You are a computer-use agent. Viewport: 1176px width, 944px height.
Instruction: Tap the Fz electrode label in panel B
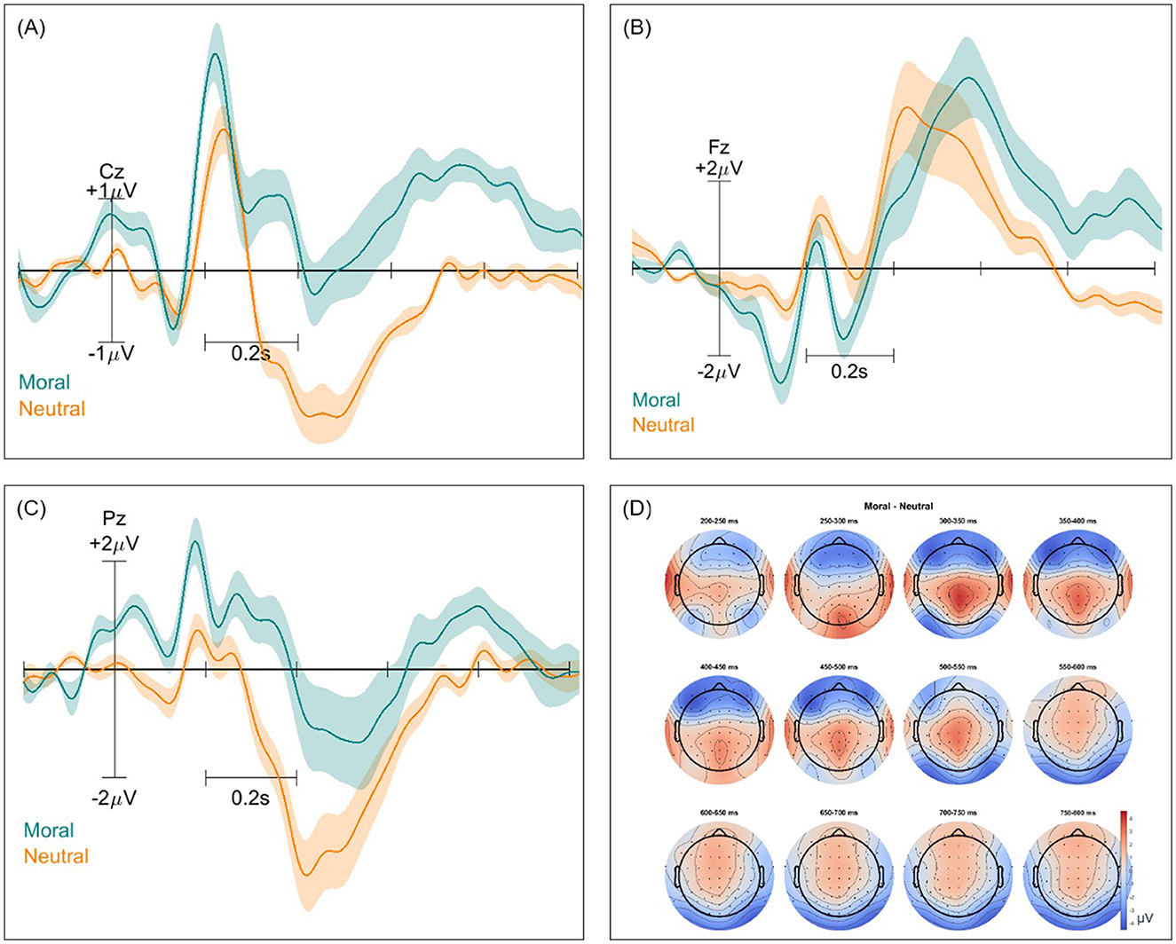coord(719,147)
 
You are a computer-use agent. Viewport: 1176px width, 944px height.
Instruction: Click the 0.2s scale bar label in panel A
coord(251,353)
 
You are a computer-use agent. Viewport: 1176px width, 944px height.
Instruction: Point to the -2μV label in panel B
coord(719,371)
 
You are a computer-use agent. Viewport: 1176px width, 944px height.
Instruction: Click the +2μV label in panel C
coord(114,543)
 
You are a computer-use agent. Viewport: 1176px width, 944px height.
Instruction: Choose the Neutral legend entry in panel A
coord(52,409)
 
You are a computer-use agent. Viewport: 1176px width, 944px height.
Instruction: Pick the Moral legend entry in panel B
coord(656,400)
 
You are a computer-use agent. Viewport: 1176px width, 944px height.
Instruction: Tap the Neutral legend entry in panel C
coord(56,856)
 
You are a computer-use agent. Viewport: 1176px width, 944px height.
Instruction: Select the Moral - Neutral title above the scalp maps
coord(898,506)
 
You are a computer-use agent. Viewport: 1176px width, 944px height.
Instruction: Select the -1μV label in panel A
coord(112,353)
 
